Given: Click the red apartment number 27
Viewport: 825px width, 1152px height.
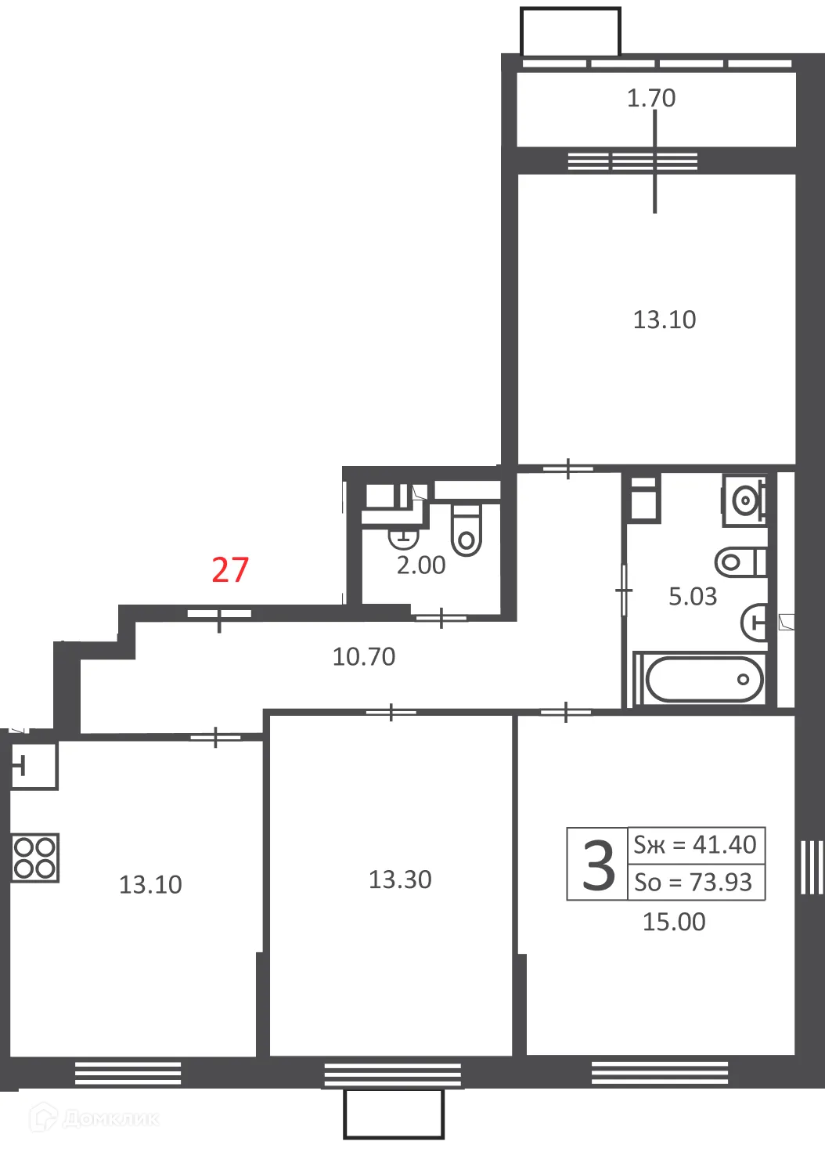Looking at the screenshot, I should (x=230, y=570).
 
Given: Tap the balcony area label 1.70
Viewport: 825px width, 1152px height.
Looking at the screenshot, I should (x=650, y=98).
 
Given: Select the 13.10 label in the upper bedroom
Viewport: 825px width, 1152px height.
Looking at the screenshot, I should (x=664, y=320).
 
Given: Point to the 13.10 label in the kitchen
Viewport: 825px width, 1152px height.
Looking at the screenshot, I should (x=150, y=884).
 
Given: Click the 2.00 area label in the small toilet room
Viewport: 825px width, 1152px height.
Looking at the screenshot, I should (x=421, y=565).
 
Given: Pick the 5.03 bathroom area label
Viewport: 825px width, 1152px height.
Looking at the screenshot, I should (x=692, y=597).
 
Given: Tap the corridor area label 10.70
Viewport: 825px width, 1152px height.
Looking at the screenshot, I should (x=364, y=656).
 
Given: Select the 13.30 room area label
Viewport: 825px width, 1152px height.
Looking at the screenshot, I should (x=400, y=879).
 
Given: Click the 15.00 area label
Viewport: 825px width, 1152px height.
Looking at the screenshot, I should (x=674, y=922).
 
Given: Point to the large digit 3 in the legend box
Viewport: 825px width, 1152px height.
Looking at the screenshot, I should (x=598, y=865).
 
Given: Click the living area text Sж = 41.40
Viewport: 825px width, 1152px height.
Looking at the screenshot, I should (x=695, y=844).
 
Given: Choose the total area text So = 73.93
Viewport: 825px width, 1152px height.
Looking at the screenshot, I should (x=693, y=882).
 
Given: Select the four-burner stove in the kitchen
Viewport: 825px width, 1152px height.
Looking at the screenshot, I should (x=35, y=858).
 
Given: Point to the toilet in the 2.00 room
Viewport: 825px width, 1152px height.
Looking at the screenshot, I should (x=467, y=529).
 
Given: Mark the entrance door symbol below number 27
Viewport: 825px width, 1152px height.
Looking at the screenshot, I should (x=219, y=616).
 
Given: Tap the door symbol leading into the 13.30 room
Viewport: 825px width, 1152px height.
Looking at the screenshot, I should (x=391, y=712).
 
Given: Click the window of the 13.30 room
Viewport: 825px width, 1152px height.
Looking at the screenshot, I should (x=392, y=1074).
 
